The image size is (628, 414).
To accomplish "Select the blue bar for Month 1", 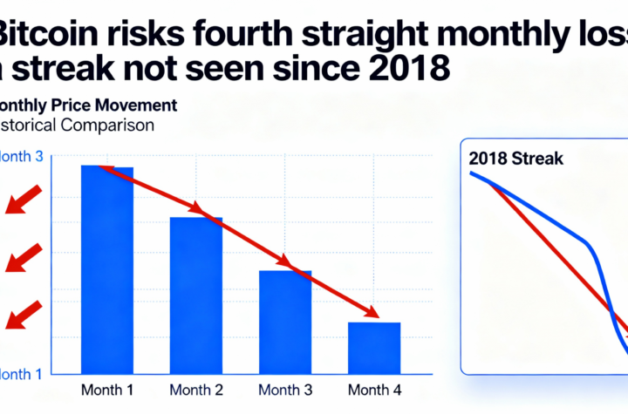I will tap(106, 261).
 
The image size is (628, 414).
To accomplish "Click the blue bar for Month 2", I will tap(195, 288).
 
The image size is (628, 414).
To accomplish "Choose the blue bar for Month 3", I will tap(284, 314).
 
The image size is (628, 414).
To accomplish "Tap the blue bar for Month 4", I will tap(373, 340).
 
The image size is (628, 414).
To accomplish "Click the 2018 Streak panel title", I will tap(515, 159).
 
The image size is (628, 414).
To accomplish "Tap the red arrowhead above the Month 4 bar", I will tap(371, 312).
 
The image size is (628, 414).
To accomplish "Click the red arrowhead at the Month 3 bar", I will tap(283, 261).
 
